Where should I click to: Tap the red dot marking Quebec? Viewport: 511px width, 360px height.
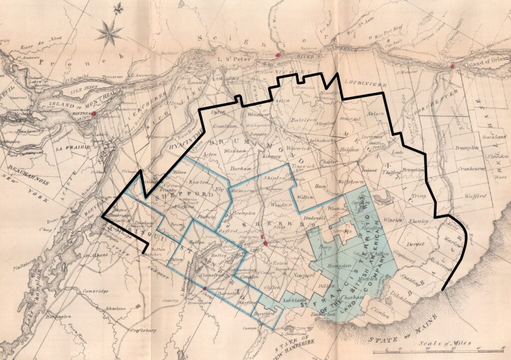click(451, 66)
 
